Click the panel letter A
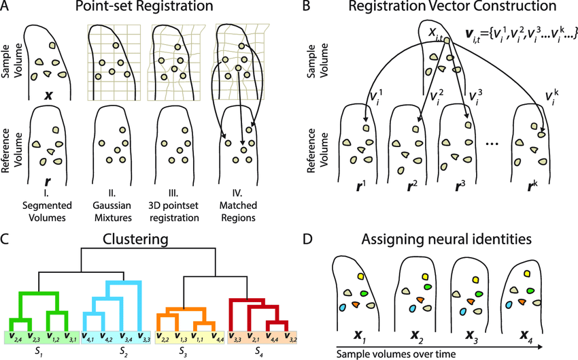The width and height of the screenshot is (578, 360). (6, 9)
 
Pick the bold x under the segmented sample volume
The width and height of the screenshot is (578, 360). (48, 95)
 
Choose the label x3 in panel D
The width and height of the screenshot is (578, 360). (469, 334)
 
